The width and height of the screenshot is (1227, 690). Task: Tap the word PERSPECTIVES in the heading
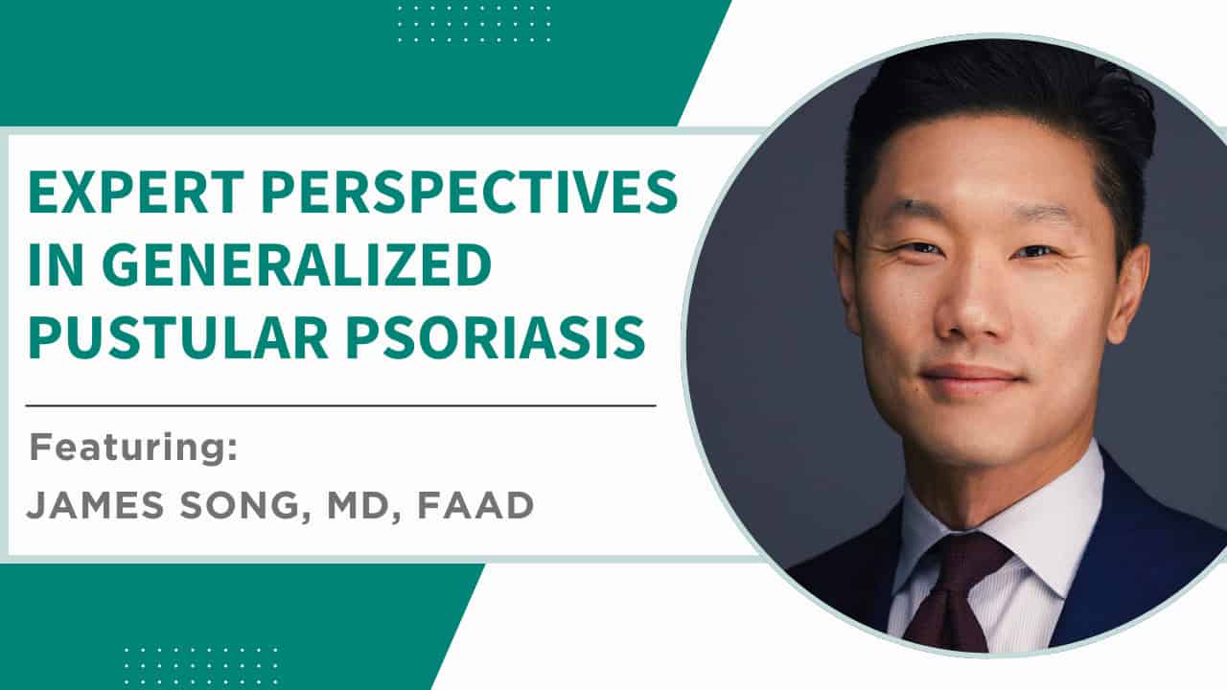pyautogui.click(x=470, y=192)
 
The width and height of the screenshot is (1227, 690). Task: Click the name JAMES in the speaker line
pyautogui.click(x=95, y=505)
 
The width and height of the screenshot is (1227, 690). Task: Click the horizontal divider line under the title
pyautogui.click(x=340, y=406)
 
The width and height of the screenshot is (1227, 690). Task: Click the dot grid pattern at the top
pyautogui.click(x=475, y=24)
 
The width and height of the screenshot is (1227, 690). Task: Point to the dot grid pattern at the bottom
pyautogui.click(x=201, y=666)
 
